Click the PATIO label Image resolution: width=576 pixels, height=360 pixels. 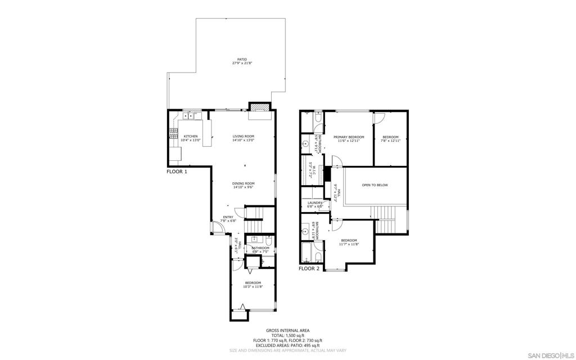[x=242, y=59]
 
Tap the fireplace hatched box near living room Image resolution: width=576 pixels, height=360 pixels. [x=259, y=108]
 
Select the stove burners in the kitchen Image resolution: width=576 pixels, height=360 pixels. [x=173, y=133]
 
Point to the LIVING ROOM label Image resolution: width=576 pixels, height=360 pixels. [x=244, y=136]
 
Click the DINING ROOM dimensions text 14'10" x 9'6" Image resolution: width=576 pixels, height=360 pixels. [x=244, y=187]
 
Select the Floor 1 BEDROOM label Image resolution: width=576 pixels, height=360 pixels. [x=253, y=283]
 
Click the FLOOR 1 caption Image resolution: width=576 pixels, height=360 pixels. [x=177, y=171]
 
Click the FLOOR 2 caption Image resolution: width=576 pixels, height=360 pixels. [x=309, y=268]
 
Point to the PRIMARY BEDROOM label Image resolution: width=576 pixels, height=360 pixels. [x=349, y=137]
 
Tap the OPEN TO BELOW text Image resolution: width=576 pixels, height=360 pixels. [x=375, y=185]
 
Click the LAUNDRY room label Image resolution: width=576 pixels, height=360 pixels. [x=314, y=203]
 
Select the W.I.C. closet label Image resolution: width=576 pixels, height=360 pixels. [x=311, y=169]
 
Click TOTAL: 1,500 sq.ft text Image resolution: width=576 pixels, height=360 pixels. [x=287, y=335]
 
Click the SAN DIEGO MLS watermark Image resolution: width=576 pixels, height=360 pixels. [x=551, y=355]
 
